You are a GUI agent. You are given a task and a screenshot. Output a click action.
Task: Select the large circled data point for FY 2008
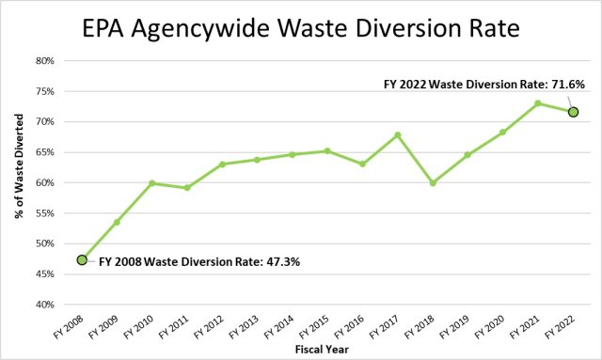[82, 259]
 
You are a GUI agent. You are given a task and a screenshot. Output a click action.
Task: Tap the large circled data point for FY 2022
[572, 112]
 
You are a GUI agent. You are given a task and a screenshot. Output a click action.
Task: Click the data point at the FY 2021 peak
[537, 103]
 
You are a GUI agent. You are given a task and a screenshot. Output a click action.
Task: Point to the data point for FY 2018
[433, 182]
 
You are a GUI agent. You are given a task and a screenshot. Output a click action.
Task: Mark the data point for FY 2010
[151, 183]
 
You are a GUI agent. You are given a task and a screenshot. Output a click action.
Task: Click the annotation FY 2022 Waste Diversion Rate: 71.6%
[484, 84]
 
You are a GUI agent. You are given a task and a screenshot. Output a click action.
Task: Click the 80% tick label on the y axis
[45, 61]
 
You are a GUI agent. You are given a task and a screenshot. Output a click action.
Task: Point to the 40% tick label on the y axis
[45, 305]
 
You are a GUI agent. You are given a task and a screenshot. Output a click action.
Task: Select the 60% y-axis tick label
[45, 182]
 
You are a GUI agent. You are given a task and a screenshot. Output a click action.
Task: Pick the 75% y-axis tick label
[45, 91]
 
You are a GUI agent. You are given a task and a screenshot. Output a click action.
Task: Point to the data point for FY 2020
[502, 133]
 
